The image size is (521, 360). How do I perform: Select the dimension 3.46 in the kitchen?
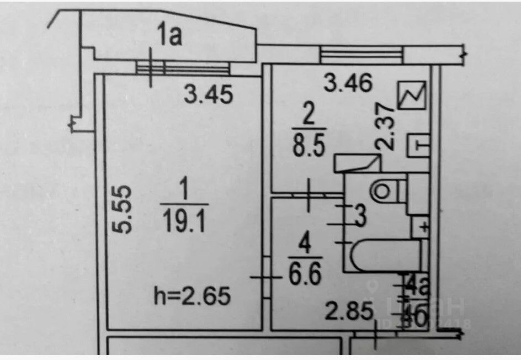pos(349,84)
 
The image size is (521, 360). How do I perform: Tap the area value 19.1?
pos(185,224)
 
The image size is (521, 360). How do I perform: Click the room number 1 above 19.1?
pos(184,191)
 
